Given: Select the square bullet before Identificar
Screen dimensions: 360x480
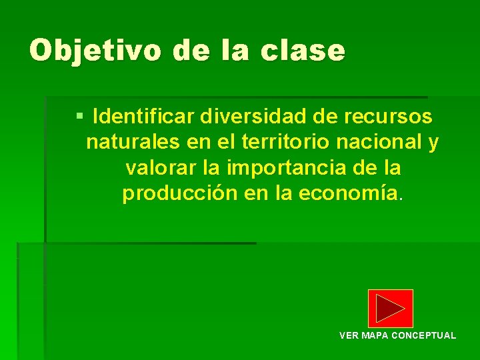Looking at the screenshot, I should [79, 116].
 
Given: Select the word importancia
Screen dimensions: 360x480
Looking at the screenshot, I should [285, 167].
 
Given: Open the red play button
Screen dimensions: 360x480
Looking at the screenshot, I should [390, 308].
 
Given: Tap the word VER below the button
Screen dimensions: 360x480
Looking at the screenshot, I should [349, 335].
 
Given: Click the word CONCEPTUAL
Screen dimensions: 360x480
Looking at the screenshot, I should [423, 335].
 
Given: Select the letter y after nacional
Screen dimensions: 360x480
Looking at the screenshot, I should [434, 143].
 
